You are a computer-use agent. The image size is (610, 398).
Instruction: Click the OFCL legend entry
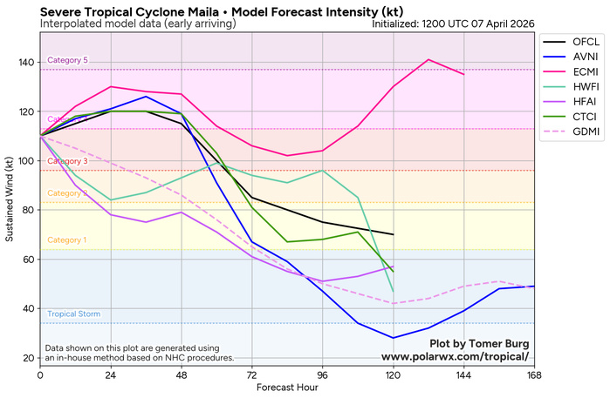tap(571, 43)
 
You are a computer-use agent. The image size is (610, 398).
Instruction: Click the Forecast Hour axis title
tap(287, 388)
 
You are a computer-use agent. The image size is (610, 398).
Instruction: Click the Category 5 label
tap(68, 60)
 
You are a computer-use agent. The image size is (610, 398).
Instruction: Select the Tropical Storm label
tap(73, 314)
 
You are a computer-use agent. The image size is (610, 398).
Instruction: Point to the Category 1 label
tap(68, 239)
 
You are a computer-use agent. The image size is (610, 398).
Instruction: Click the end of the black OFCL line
tap(394, 235)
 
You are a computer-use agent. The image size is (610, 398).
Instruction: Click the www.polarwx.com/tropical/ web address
tap(455, 356)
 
